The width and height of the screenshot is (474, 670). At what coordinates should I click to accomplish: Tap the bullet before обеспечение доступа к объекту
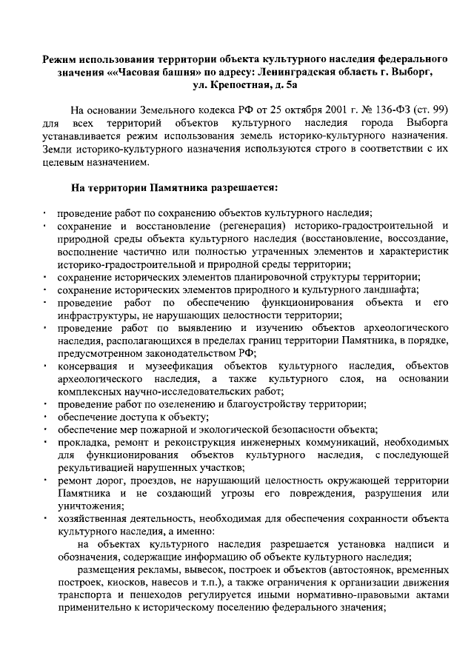tap(44, 418)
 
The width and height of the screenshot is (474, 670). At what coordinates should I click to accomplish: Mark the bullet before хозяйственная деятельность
tap(44, 520)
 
